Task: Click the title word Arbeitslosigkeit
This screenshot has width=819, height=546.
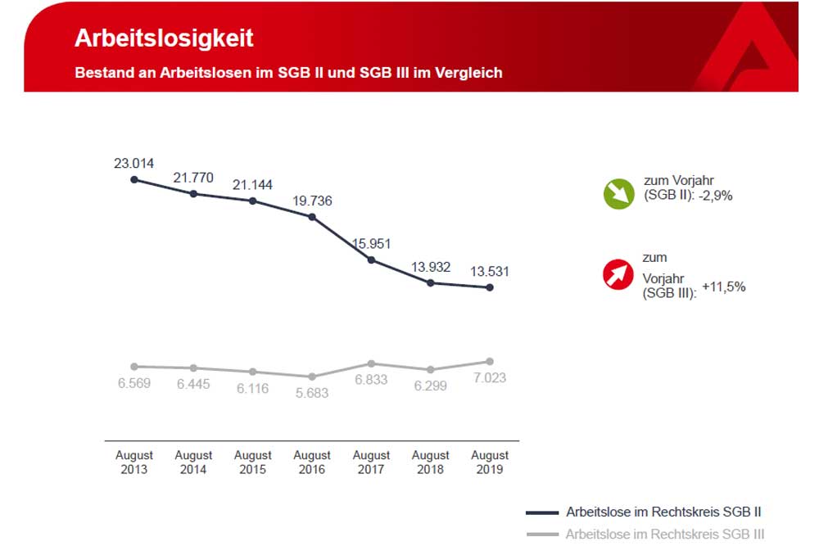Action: [164, 38]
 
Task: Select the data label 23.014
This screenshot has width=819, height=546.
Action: [133, 163]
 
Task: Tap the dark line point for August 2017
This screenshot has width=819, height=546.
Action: [372, 260]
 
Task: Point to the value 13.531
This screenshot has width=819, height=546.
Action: [490, 271]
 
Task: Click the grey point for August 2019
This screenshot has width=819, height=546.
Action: [490, 361]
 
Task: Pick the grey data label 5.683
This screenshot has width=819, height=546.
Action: [312, 393]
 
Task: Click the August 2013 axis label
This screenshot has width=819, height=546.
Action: [134, 463]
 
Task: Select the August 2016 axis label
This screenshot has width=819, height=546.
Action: [312, 463]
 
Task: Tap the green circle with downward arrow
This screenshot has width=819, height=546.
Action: [618, 193]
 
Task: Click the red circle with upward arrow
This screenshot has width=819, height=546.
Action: [618, 274]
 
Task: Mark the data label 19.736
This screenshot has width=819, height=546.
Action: [312, 201]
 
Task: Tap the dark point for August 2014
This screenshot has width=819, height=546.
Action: [193, 194]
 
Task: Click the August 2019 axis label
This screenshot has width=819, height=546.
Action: [490, 463]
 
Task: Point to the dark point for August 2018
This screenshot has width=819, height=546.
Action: [431, 283]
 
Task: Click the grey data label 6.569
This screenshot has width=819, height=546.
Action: [134, 383]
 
